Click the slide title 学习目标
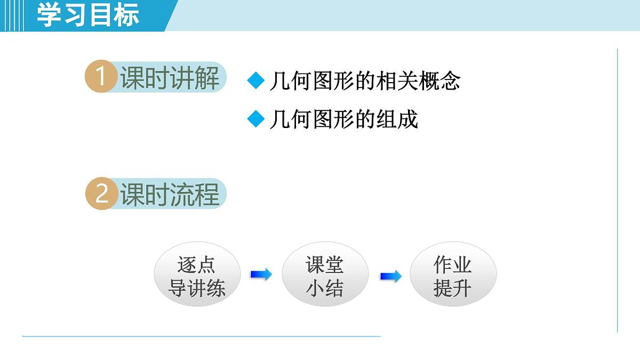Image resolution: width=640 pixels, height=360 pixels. (88, 15)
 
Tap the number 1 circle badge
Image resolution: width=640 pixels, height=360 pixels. (100, 77)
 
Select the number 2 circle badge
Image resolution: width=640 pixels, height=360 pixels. (101, 194)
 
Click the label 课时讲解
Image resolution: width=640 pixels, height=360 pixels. (170, 78)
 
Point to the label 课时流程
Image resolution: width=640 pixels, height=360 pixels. (170, 194)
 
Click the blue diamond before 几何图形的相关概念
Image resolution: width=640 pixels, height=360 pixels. (256, 81)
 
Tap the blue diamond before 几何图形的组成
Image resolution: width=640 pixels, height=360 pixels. (256, 119)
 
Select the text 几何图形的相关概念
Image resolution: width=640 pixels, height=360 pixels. (365, 81)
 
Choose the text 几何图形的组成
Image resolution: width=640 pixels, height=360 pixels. (343, 119)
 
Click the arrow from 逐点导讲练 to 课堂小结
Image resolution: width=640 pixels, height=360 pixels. (261, 275)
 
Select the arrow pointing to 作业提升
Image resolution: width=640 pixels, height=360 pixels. (390, 276)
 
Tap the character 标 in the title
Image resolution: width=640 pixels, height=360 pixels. (126, 15)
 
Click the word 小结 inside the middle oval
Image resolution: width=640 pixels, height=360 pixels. (325, 289)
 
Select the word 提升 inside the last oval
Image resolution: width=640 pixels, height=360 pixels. (453, 289)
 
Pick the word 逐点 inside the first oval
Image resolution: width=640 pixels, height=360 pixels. (197, 265)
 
